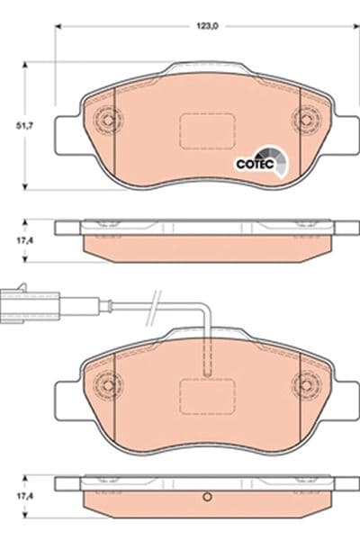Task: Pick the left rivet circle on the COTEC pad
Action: [109, 118]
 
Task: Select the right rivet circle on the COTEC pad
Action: [308, 118]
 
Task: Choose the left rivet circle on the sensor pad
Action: [109, 385]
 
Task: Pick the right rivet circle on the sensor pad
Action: [308, 385]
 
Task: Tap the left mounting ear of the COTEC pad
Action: [68, 135]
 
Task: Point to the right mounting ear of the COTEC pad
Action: [347, 135]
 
